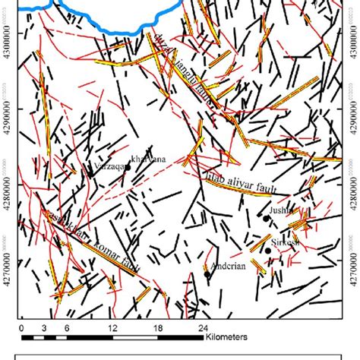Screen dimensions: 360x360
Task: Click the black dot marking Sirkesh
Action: coord(268,250)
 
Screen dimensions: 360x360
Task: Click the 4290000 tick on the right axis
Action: coord(351,122)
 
